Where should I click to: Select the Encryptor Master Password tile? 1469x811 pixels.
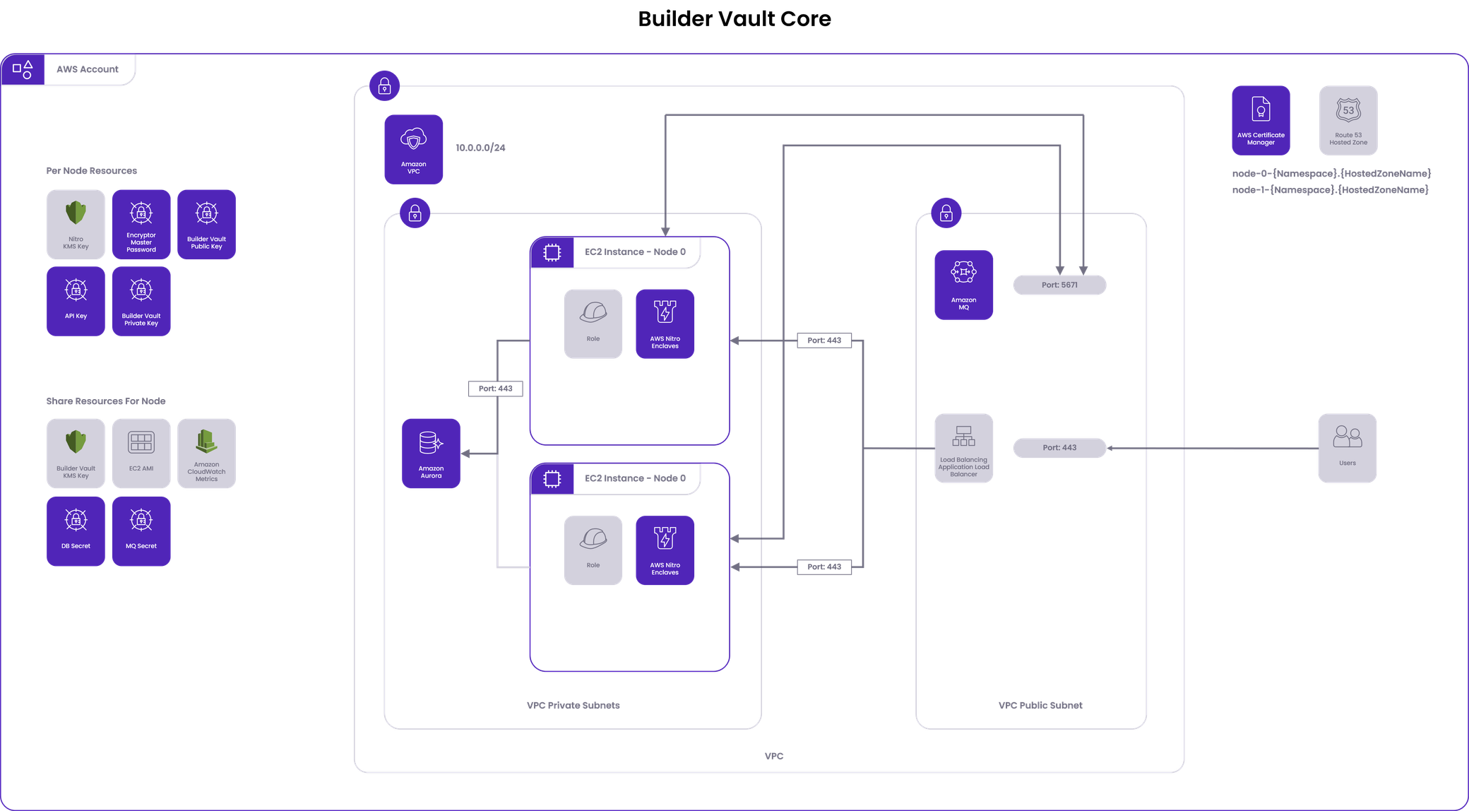[141, 223]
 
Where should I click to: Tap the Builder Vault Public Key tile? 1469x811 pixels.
[206, 223]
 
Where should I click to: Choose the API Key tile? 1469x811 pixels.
[76, 300]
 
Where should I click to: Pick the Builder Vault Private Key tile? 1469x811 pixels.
[141, 300]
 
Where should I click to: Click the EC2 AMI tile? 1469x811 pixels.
[141, 453]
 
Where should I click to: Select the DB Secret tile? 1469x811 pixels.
[76, 531]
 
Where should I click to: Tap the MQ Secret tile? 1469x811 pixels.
[141, 531]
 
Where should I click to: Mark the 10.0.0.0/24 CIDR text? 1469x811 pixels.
[480, 148]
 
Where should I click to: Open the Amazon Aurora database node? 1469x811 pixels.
[431, 453]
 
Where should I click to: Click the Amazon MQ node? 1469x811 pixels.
[963, 285]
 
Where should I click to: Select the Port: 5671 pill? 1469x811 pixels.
[1059, 285]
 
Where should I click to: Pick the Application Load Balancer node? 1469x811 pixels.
[963, 448]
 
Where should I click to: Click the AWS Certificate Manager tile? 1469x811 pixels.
[1261, 120]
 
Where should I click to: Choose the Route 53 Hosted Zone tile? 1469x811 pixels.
[1348, 120]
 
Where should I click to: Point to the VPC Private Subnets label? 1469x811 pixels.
[573, 705]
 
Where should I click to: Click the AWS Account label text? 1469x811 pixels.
[88, 69]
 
